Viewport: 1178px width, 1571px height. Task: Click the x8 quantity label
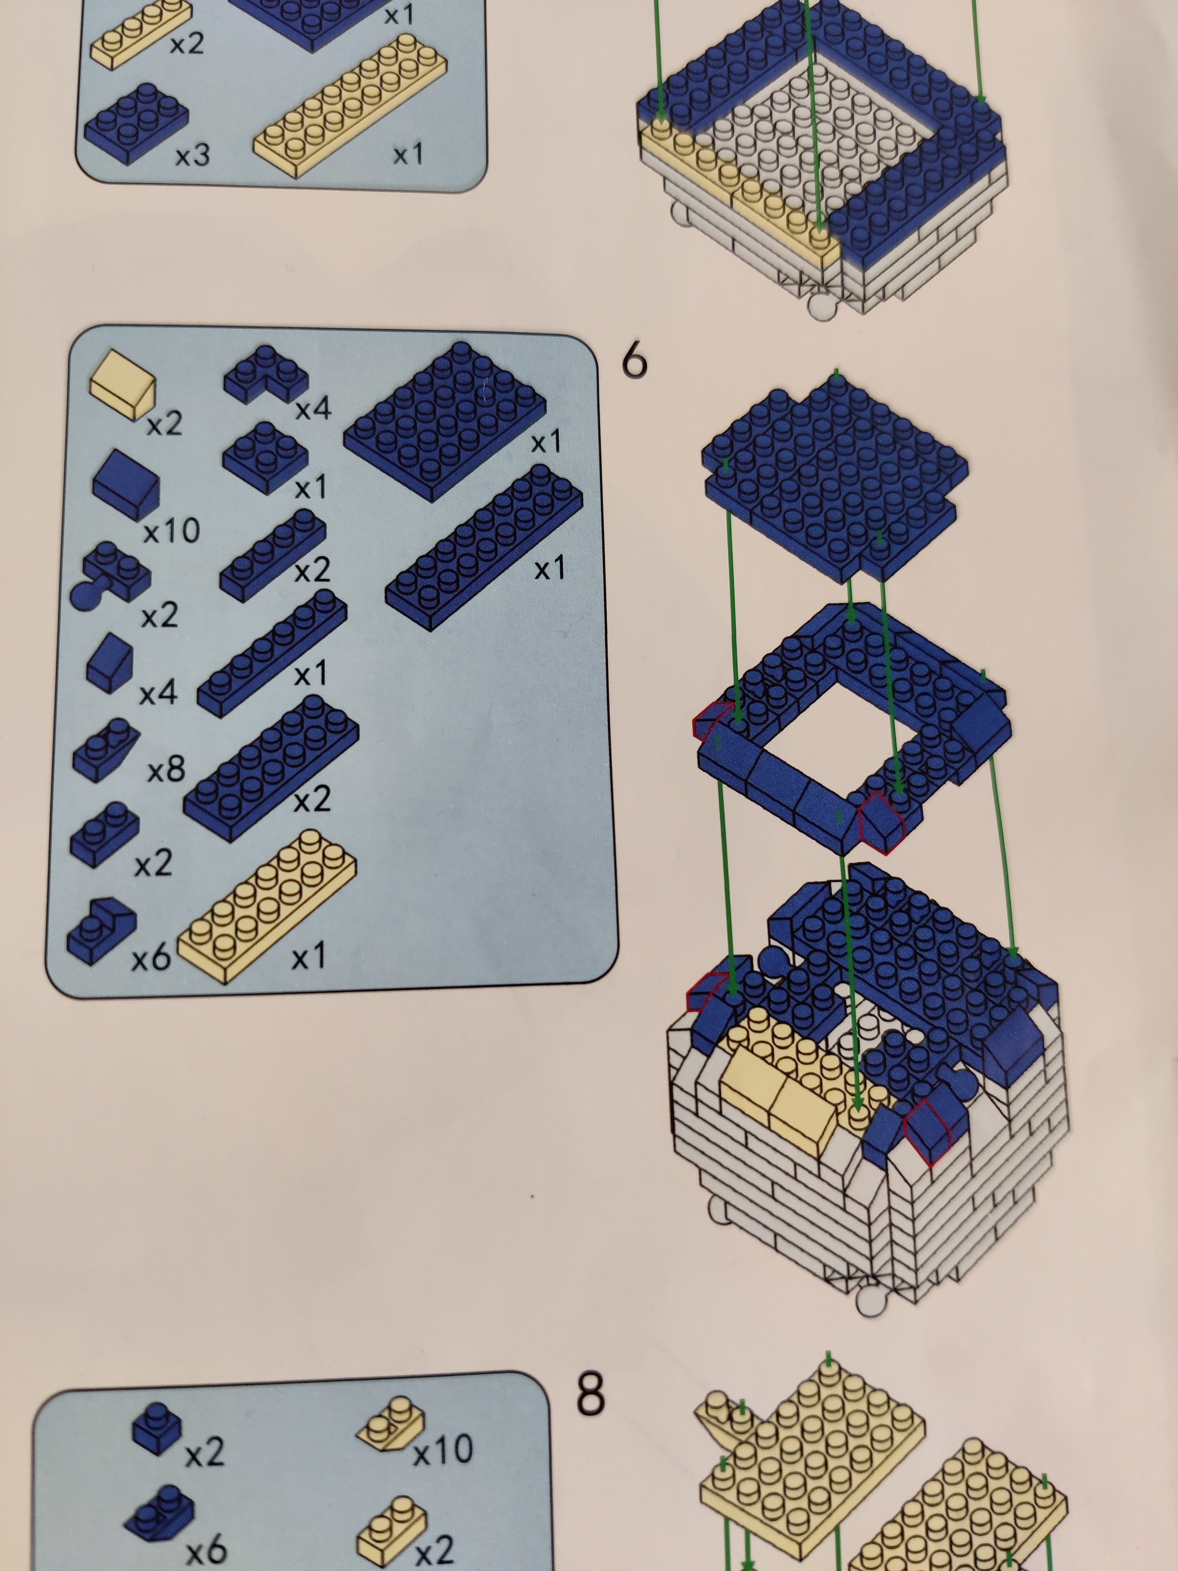pos(166,769)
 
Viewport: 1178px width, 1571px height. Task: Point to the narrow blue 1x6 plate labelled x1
pos(272,653)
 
